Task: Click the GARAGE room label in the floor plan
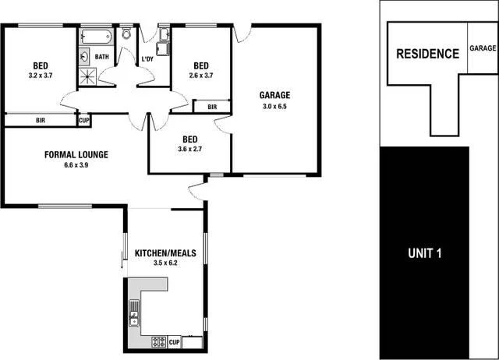click(274, 95)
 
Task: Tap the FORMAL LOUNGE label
click(76, 154)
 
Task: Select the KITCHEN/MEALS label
click(165, 253)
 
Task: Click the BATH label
click(102, 57)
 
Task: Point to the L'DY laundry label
click(147, 59)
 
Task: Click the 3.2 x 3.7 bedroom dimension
click(41, 76)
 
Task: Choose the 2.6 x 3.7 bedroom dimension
click(201, 76)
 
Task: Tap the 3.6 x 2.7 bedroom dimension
click(189, 150)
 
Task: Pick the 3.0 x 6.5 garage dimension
click(274, 106)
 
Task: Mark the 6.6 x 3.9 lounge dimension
click(76, 165)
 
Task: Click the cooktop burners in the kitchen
click(158, 341)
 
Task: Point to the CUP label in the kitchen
click(175, 342)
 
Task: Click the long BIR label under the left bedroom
click(41, 121)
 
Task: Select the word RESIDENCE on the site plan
click(427, 54)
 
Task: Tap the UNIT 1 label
click(426, 253)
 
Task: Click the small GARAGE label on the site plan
click(483, 48)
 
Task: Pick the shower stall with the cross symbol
click(87, 76)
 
